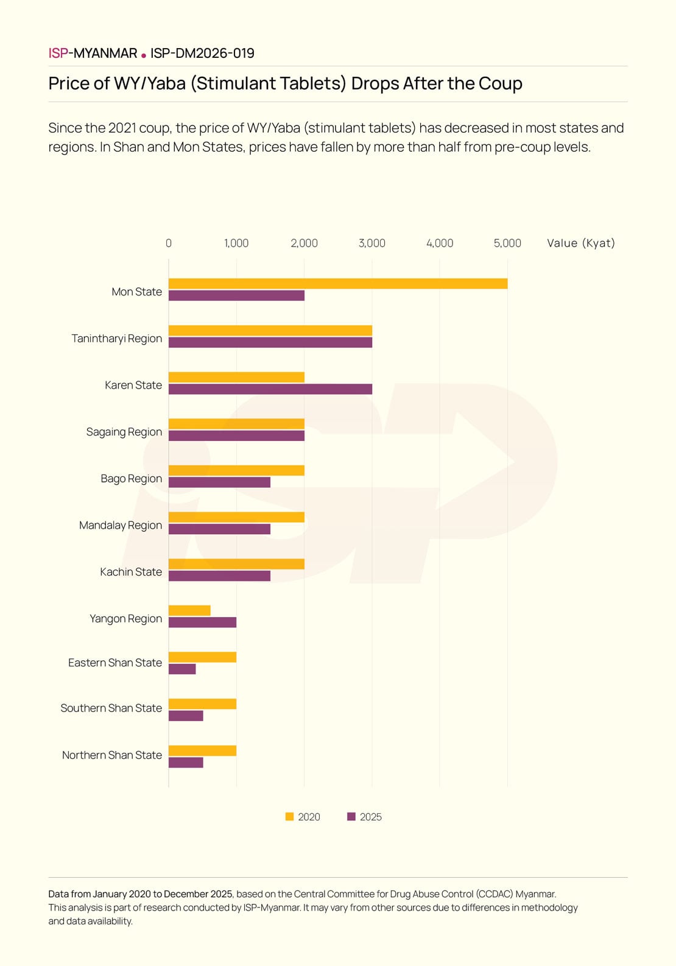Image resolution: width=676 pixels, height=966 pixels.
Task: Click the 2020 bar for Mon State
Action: point(338,284)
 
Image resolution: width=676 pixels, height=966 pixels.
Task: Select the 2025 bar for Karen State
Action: point(270,389)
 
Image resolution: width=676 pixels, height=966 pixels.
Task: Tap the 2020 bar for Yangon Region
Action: point(189,610)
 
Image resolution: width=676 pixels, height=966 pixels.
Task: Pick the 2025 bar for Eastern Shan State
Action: point(182,669)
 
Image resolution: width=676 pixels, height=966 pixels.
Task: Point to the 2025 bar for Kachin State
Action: point(219,576)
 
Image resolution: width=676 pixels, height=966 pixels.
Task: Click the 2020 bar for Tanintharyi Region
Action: point(270,331)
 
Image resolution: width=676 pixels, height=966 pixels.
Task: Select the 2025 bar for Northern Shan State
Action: point(186,763)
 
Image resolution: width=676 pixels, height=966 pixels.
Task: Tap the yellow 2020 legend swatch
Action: point(290,817)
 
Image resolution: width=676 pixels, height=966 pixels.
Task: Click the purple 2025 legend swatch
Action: point(351,817)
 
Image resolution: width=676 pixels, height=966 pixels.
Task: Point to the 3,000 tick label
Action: point(371,243)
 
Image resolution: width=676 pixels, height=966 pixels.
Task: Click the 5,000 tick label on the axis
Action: point(507,243)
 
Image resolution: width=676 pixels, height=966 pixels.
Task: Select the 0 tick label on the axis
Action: point(169,243)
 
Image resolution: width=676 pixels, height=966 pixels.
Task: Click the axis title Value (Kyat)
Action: point(581,243)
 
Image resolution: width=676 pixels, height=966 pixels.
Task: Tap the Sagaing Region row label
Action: point(124,432)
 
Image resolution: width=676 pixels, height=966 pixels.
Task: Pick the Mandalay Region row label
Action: point(121,525)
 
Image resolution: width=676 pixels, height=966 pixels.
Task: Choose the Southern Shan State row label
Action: point(111,708)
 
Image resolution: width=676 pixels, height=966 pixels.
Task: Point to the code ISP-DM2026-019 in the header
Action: point(202,54)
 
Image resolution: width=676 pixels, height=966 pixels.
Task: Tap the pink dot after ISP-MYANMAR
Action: point(144,55)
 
